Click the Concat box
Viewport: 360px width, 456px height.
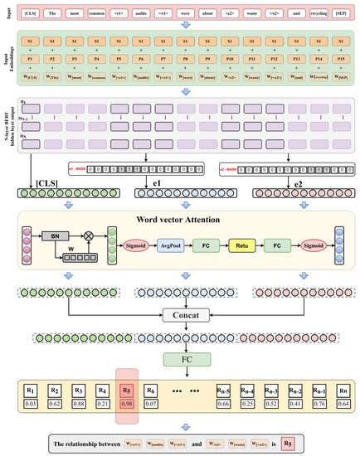180,317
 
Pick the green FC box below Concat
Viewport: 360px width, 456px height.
180,360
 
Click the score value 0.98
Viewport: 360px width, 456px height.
127,403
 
